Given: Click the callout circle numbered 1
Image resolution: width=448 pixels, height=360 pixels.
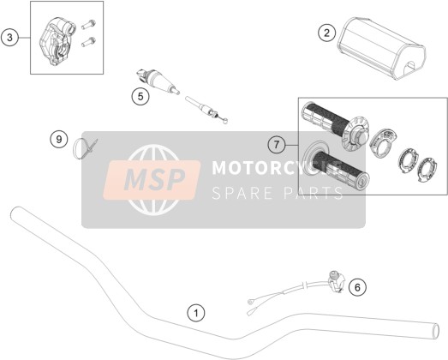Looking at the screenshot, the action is [196, 313].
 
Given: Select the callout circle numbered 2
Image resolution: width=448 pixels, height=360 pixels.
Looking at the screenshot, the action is [327, 33].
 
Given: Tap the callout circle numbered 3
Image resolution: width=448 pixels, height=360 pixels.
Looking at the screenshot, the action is [9, 38].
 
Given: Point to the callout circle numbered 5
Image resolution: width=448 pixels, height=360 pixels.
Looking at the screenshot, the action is [140, 96].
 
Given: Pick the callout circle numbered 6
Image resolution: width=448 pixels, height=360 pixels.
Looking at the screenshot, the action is [357, 287].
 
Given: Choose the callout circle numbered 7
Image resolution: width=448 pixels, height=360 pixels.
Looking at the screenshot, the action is [277, 145].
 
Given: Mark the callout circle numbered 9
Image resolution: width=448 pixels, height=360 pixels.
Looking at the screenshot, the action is [59, 140].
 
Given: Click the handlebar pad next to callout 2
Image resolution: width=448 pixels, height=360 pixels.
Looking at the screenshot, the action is [381, 47].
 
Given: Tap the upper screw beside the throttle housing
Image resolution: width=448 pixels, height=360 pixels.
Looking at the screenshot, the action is [88, 25].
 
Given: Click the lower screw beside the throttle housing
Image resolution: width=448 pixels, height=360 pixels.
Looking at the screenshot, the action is [88, 42].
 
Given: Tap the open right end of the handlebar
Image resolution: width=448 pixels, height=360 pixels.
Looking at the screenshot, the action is [435, 331].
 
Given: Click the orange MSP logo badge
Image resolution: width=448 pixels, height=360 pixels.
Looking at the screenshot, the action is [152, 180].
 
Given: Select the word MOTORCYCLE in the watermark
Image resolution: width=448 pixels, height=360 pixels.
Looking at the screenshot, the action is [277, 167].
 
